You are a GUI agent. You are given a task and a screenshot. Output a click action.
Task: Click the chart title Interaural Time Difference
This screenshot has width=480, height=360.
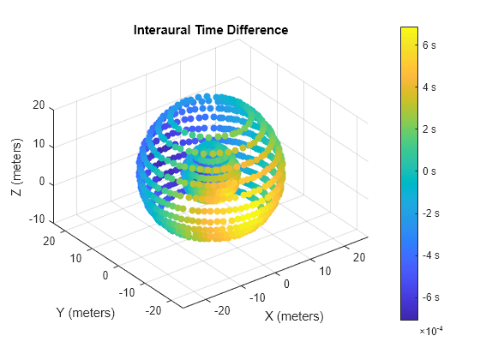point(210,31)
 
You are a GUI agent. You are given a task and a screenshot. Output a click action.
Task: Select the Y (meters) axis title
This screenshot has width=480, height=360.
point(84,313)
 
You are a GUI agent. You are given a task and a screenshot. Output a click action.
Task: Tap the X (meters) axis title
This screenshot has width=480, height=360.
point(294,316)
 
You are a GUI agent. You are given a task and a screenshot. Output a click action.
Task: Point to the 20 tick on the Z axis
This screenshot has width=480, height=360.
point(39,106)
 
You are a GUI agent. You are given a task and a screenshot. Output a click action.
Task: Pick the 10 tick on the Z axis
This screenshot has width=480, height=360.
point(39,145)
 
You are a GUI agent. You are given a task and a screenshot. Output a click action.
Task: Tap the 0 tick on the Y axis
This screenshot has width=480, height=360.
point(106,276)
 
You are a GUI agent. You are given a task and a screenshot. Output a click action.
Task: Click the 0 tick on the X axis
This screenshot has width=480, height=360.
point(287,283)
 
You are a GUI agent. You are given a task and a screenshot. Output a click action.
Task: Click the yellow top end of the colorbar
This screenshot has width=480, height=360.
point(409,30)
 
